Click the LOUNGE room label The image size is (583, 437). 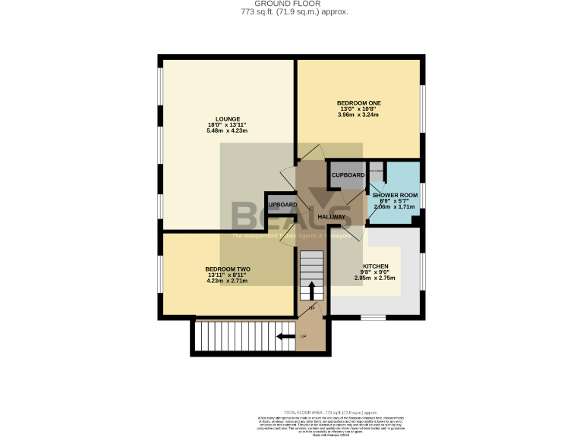pyautogui.click(x=227, y=118)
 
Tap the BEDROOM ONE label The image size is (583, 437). pyautogui.click(x=358, y=102)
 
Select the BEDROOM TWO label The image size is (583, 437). pyautogui.click(x=227, y=269)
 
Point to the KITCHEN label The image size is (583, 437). pyautogui.click(x=375, y=266)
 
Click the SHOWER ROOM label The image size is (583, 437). pyautogui.click(x=395, y=195)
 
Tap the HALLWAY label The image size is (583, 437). pyautogui.click(x=331, y=217)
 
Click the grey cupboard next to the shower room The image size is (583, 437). pyautogui.click(x=348, y=175)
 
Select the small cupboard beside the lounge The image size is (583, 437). pyautogui.click(x=282, y=205)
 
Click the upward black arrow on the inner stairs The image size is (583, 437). pyautogui.click(x=311, y=291)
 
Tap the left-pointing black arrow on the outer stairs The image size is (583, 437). pyautogui.click(x=286, y=336)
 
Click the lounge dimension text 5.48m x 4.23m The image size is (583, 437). pyautogui.click(x=227, y=131)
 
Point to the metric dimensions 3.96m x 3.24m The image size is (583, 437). pyautogui.click(x=358, y=115)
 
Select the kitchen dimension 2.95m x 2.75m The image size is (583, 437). pyautogui.click(x=375, y=278)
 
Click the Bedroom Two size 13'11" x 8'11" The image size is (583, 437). pyautogui.click(x=227, y=275)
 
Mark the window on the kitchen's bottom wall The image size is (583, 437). pyautogui.click(x=372, y=316)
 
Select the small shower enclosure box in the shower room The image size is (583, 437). pyautogui.click(x=377, y=171)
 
